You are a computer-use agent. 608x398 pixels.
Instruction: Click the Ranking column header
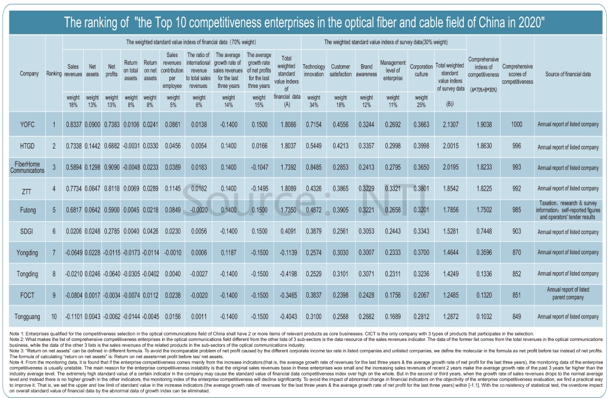(54, 74)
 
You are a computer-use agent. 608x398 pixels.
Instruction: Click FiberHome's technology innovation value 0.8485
(313, 167)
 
